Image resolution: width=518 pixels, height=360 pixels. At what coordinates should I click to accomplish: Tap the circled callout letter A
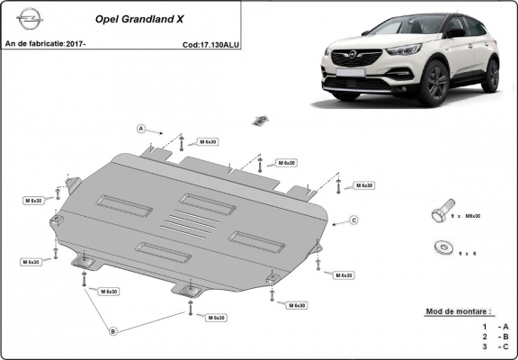pyautogui.click(x=141, y=129)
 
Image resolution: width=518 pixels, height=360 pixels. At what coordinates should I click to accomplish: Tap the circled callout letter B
pyautogui.click(x=113, y=331)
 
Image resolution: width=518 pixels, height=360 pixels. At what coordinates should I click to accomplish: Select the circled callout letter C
pyautogui.click(x=354, y=220)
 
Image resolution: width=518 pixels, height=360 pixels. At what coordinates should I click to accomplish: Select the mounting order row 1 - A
pyautogui.click(x=496, y=325)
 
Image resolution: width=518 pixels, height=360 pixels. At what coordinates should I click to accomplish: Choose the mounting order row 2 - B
pyautogui.click(x=496, y=335)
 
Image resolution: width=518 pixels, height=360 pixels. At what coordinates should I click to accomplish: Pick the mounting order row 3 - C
pyautogui.click(x=496, y=346)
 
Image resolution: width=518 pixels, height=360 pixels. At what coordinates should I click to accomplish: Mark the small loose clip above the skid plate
pyautogui.click(x=261, y=120)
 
